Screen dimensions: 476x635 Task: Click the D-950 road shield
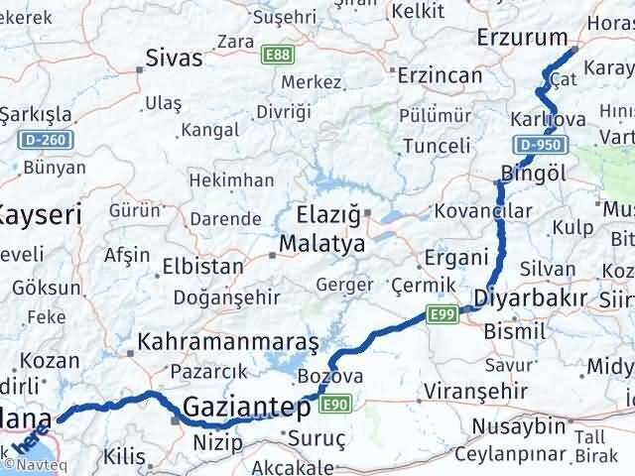pos(548,145)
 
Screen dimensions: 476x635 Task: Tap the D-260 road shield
pos(47,139)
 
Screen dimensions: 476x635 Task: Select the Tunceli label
pos(439,146)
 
